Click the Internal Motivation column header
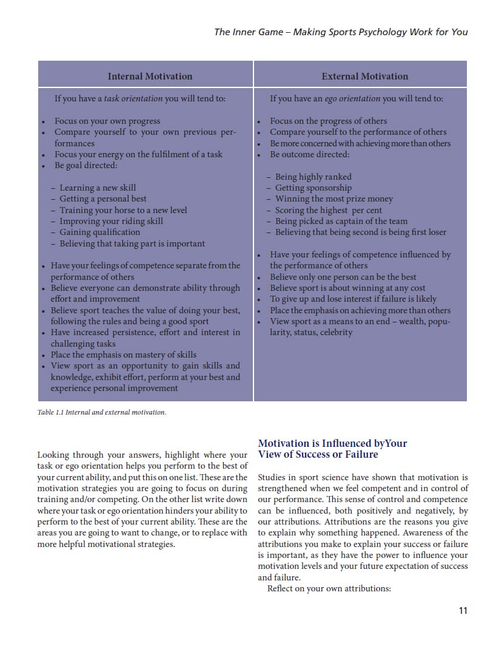tap(150, 76)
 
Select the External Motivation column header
tap(364, 76)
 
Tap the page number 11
tap(463, 611)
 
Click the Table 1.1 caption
tap(101, 412)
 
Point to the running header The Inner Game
tap(341, 32)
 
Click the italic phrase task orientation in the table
tap(133, 98)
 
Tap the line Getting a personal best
tap(102, 199)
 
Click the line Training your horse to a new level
tap(123, 210)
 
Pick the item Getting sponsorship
tap(313, 188)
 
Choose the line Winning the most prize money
tap(333, 199)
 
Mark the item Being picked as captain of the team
tap(341, 221)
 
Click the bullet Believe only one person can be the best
tap(343, 277)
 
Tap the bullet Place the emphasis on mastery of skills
tap(123, 355)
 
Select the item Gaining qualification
tap(99, 232)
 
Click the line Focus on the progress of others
tap(328, 121)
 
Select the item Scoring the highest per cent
tap(328, 210)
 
